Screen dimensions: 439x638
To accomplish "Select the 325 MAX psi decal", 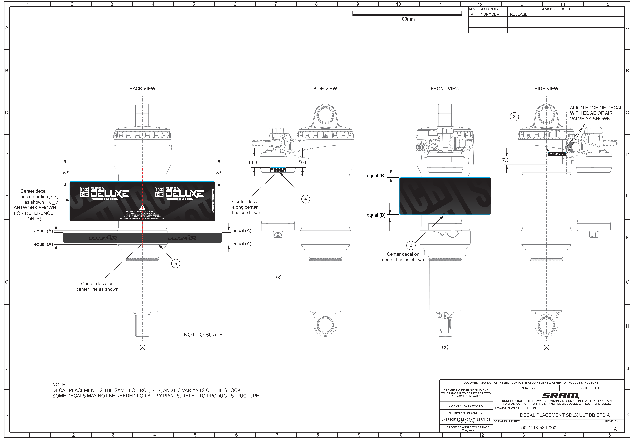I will (557, 154).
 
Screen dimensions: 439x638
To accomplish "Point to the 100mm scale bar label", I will (407, 19).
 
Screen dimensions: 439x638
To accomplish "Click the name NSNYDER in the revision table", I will (490, 14).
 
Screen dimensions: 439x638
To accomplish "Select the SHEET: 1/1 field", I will (590, 388).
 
